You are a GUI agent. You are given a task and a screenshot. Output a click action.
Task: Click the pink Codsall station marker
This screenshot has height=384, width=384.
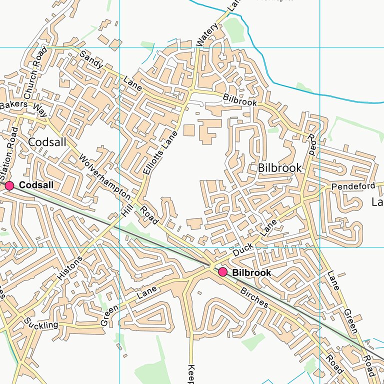9,185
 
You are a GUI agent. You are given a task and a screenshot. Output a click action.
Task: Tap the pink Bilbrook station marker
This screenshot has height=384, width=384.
222,272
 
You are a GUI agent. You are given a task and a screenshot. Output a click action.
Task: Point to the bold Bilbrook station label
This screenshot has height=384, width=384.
251,273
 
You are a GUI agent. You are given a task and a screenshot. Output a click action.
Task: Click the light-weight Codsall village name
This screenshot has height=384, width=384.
47,142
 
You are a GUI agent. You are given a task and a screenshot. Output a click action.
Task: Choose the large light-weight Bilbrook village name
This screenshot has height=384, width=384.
279,168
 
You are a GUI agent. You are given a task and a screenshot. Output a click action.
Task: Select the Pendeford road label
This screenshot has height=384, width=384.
353,186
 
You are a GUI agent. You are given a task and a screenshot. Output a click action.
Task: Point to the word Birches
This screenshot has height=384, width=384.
254,297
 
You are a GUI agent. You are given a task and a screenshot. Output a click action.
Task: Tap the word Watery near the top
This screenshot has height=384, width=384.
207,35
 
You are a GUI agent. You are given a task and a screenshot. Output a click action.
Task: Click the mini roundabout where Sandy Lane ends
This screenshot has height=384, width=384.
191,90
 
